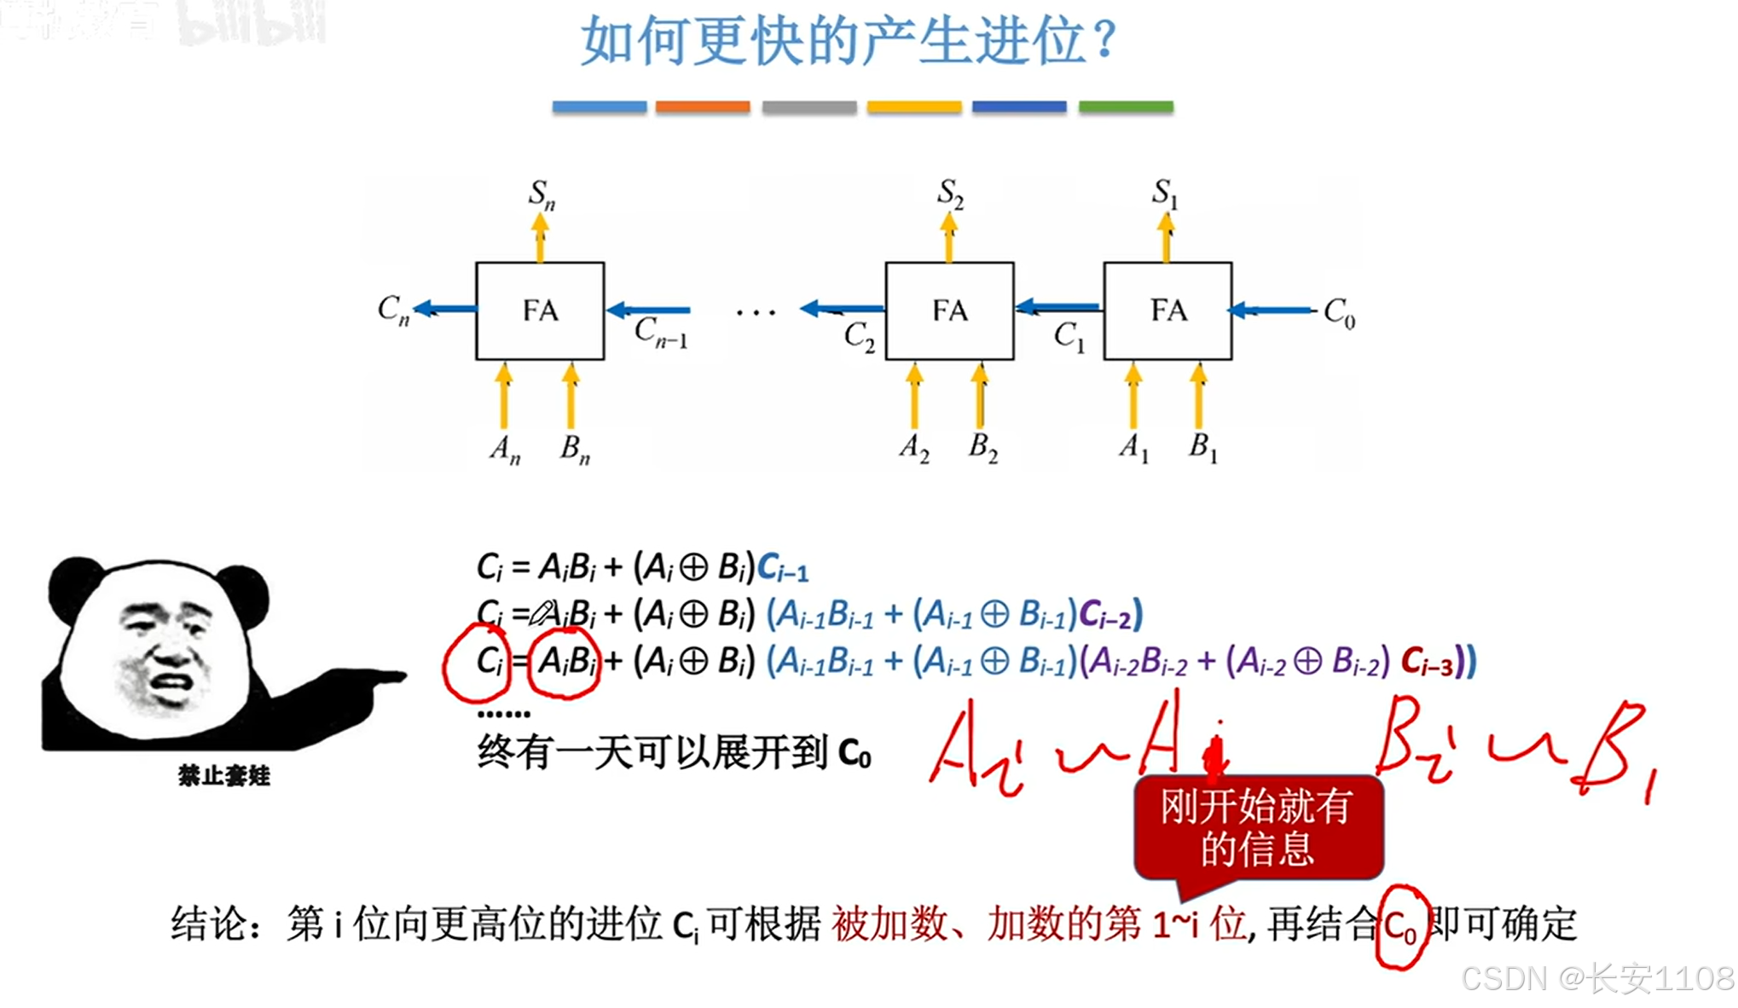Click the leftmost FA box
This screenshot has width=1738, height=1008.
[540, 310]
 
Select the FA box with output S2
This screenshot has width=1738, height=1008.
[949, 310]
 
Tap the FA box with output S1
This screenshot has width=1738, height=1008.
[1167, 310]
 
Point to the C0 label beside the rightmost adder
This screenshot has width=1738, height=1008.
[1339, 313]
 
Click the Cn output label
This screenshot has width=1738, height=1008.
[393, 310]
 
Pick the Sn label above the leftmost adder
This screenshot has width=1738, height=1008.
[542, 194]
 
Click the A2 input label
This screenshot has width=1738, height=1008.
[914, 448]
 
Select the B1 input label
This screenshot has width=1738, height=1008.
[1202, 447]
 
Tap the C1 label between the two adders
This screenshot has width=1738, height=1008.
[1069, 336]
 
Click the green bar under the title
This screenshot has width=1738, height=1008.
[1126, 107]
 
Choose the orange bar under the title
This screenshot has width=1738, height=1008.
[703, 107]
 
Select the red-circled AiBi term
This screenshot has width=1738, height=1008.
[565, 663]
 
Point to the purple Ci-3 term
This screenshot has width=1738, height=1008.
[1427, 663]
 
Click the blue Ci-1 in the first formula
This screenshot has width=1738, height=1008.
[783, 568]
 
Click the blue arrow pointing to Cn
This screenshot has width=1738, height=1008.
[444, 308]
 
